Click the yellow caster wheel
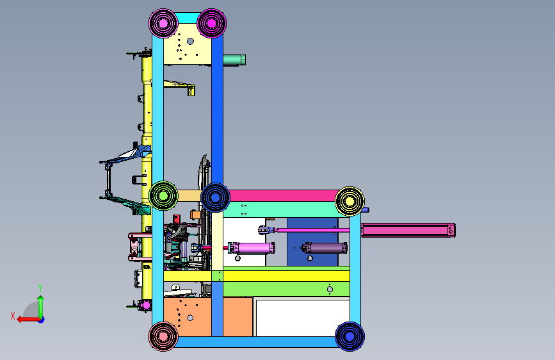click(x=350, y=201)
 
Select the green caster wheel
click(x=163, y=195)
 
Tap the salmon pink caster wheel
click(x=163, y=336)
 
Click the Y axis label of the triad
click(x=40, y=288)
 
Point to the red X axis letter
click(x=13, y=316)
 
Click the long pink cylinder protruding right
click(x=408, y=231)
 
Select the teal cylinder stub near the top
click(x=234, y=60)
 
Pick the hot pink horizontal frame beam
click(x=283, y=195)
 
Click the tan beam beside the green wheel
click(x=189, y=195)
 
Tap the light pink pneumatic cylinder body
click(x=252, y=248)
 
